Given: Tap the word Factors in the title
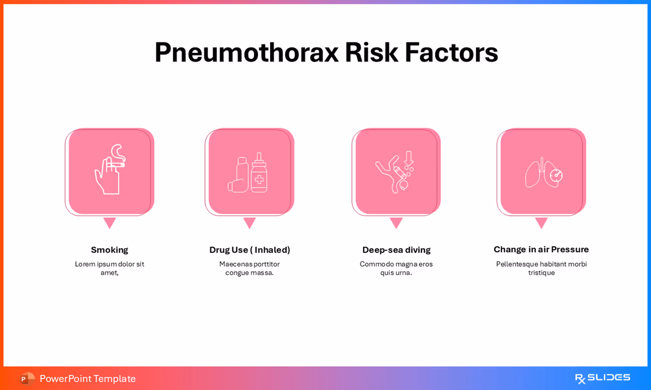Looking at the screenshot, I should (x=451, y=53).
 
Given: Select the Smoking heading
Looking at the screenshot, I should (x=109, y=250).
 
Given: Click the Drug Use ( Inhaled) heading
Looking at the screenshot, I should (x=250, y=250).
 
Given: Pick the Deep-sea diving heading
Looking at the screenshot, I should (x=396, y=250).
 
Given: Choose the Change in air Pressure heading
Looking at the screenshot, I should (x=541, y=249).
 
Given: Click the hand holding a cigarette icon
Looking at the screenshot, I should (x=110, y=169).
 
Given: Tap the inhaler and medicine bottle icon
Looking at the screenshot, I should (x=249, y=173).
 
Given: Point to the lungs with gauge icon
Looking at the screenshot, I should (x=543, y=173).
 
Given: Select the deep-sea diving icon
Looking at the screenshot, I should (x=395, y=172).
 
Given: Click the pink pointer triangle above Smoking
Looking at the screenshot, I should (x=109, y=222).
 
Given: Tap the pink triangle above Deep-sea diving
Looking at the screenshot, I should (x=396, y=222).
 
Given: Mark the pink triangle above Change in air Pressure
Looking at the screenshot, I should (x=541, y=222).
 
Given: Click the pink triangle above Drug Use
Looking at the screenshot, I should (x=249, y=222).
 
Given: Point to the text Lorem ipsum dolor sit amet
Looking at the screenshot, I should (x=109, y=268).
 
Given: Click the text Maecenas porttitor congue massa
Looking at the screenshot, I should (x=249, y=268).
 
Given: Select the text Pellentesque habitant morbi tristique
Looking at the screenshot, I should (x=541, y=268).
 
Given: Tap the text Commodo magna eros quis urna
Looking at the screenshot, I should (x=396, y=268).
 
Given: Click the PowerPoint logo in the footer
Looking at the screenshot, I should (x=27, y=378).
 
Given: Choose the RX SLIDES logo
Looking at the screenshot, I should (x=602, y=378).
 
